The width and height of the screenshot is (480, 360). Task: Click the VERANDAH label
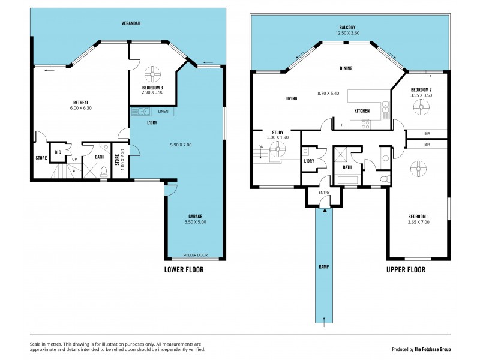click(128, 23)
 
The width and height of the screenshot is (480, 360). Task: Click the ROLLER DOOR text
click(195, 254)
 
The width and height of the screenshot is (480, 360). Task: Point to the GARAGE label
click(195, 216)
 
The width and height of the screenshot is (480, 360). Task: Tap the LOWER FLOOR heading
click(184, 270)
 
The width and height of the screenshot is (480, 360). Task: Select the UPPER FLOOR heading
click(406, 270)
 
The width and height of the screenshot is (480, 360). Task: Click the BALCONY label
click(349, 28)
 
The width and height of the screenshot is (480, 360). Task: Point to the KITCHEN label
click(362, 111)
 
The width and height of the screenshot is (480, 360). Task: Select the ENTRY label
click(324, 193)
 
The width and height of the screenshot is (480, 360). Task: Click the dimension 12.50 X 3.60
click(349, 34)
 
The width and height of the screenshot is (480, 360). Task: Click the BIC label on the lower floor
click(58, 152)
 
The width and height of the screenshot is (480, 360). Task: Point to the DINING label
click(346, 68)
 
